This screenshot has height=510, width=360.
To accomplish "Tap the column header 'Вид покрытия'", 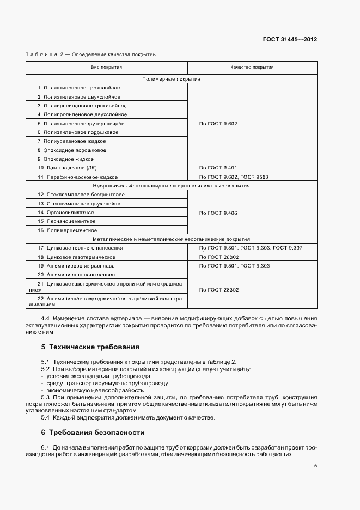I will (x=106, y=68).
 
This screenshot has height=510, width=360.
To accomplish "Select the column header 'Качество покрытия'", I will (x=252, y=68).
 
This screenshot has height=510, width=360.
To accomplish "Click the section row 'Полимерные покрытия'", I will (x=171, y=79).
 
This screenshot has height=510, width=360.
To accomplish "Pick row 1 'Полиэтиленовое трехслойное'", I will (x=79, y=88).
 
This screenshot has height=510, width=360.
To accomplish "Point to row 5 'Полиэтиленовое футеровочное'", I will (x=81, y=124).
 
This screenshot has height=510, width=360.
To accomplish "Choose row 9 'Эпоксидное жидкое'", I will (x=69, y=159).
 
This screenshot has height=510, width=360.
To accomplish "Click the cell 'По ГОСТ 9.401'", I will (x=218, y=168).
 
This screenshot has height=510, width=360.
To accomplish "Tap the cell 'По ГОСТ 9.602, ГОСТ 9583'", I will (x=235, y=177).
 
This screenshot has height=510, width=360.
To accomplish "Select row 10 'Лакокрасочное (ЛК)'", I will (x=71, y=168).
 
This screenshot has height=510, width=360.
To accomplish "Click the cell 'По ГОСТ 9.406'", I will (x=218, y=212).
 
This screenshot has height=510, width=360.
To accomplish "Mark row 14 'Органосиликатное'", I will (x=66, y=212).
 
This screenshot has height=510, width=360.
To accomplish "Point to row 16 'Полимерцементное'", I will (x=67, y=230).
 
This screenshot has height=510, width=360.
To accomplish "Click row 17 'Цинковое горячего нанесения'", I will (x=81, y=248).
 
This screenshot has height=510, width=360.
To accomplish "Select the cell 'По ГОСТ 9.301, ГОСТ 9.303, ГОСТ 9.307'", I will (x=251, y=248).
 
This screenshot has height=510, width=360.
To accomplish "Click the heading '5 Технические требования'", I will (x=90, y=347).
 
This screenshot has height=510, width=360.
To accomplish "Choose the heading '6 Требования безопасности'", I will (x=93, y=433).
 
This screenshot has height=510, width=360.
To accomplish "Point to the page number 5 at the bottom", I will (x=316, y=466).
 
